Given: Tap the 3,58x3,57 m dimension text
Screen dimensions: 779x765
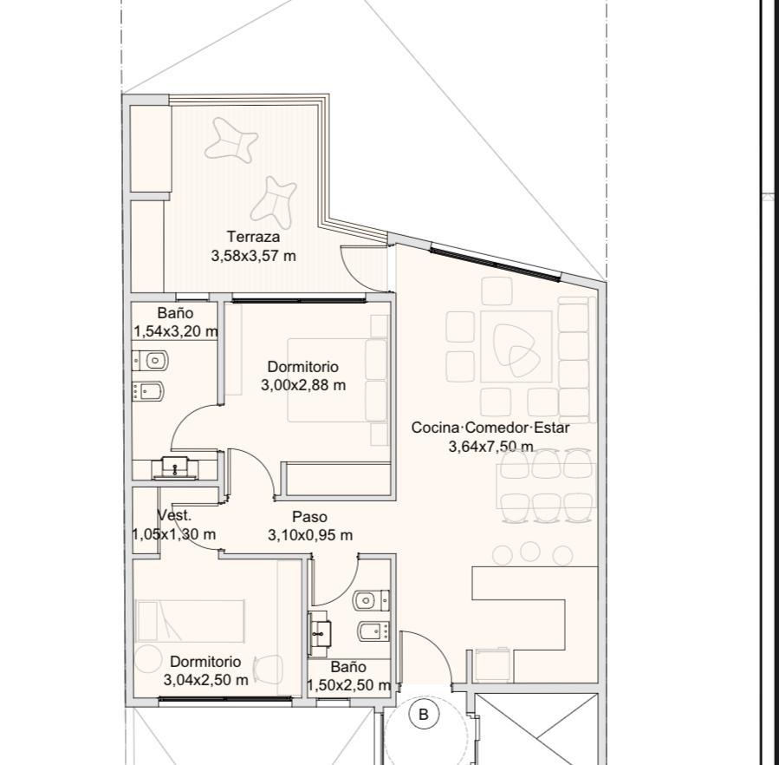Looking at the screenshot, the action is point(253,256).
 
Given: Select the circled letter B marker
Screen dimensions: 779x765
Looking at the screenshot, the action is point(424,715).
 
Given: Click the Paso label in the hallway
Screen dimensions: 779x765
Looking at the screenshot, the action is point(309,517).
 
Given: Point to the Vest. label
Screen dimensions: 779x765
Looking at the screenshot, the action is point(174,515).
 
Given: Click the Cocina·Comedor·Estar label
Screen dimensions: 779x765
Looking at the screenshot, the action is point(490,428).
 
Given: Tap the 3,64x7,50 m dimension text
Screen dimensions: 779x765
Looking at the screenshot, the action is point(490,447).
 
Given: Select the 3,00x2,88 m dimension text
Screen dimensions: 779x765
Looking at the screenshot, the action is point(303,385).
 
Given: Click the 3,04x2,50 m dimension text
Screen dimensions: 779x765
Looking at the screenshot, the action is point(205,680).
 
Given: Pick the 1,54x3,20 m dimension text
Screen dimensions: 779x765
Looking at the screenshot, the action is point(175,331).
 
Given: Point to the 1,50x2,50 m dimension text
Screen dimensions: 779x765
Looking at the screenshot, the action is point(348,685).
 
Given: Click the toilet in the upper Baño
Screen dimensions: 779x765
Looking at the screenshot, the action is point(151,360).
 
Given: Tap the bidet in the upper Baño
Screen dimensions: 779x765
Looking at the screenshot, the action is point(148,391).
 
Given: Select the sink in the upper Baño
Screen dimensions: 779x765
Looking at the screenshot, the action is point(175,467).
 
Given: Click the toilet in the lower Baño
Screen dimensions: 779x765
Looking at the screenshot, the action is point(371,600).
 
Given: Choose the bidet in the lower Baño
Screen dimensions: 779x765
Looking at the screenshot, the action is point(373,631).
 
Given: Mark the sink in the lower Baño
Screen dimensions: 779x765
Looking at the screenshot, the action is point(321,633).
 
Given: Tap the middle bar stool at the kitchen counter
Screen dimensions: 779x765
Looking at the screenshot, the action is point(530,551).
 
